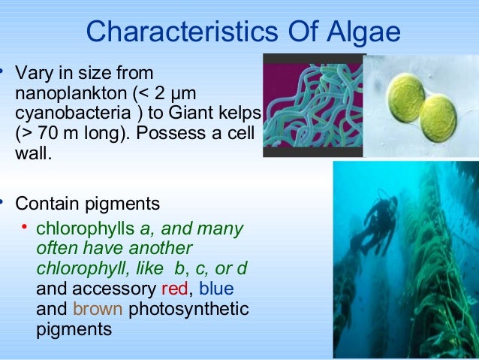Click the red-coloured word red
(x=174, y=289)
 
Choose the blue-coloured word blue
(x=215, y=289)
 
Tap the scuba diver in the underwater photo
(x=380, y=222)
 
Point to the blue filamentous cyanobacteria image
(x=313, y=105)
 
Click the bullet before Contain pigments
(x=3, y=201)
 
